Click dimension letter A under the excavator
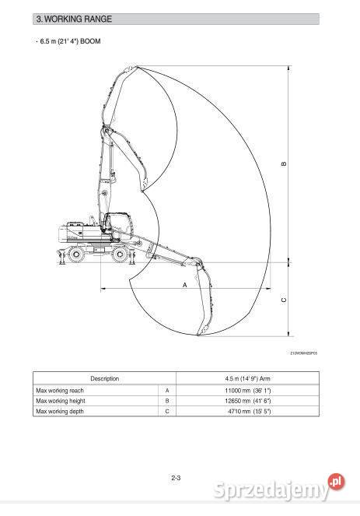click(x=184, y=285)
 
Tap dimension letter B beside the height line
click(x=284, y=163)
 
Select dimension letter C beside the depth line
click(x=284, y=300)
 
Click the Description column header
click(x=104, y=378)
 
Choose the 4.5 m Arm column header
click(x=247, y=378)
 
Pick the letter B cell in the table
click(x=168, y=400)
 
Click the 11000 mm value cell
click(x=247, y=389)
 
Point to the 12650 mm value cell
click(x=247, y=400)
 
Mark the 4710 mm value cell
click(x=247, y=411)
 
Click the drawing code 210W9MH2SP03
click(x=304, y=353)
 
